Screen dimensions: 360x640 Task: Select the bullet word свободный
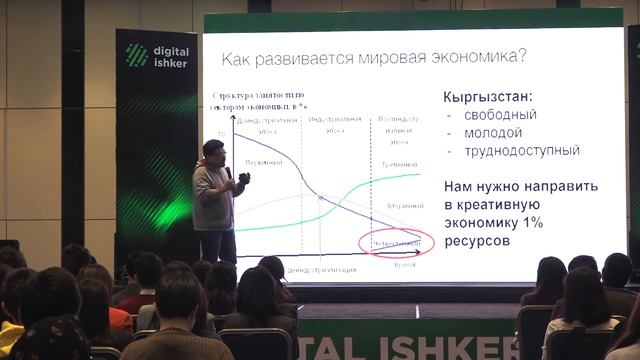499,115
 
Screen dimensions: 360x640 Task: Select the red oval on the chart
393,242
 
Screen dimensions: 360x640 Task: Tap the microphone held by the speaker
229,172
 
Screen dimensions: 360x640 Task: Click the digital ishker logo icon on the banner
137,56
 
